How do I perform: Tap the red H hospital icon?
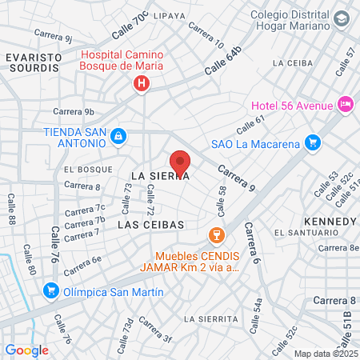click(142, 82)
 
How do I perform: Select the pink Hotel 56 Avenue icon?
click(346, 103)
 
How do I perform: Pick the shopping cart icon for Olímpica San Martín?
click(51, 291)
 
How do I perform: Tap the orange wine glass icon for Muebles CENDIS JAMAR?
click(214, 234)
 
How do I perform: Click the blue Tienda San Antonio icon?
click(118, 136)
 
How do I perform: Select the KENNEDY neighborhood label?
click(330, 220)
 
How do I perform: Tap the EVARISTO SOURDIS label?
click(32, 63)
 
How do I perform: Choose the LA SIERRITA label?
click(211, 318)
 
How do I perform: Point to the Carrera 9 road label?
click(236, 180)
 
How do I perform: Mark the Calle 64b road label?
click(222, 62)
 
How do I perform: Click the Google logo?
click(26, 350)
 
